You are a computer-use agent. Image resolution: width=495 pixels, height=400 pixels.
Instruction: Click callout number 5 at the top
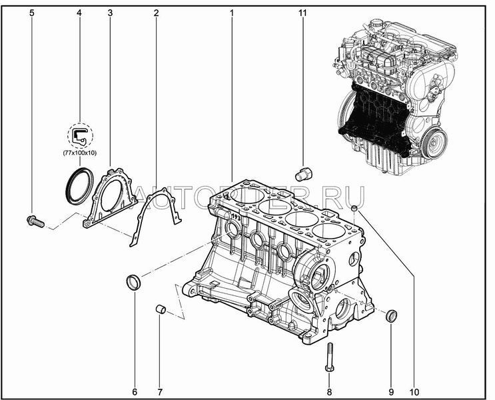(x=32, y=13)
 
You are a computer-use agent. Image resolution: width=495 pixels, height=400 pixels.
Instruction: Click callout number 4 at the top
(x=79, y=13)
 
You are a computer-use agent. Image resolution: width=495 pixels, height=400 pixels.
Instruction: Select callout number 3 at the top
(x=109, y=13)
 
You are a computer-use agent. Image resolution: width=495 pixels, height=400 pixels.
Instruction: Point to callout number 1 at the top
(x=231, y=13)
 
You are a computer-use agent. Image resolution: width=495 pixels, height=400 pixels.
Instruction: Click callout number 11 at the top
(x=302, y=13)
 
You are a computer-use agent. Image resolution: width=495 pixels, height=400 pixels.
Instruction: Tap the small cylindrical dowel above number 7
(x=160, y=310)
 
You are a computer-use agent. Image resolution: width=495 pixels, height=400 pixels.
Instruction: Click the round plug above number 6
(x=134, y=283)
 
